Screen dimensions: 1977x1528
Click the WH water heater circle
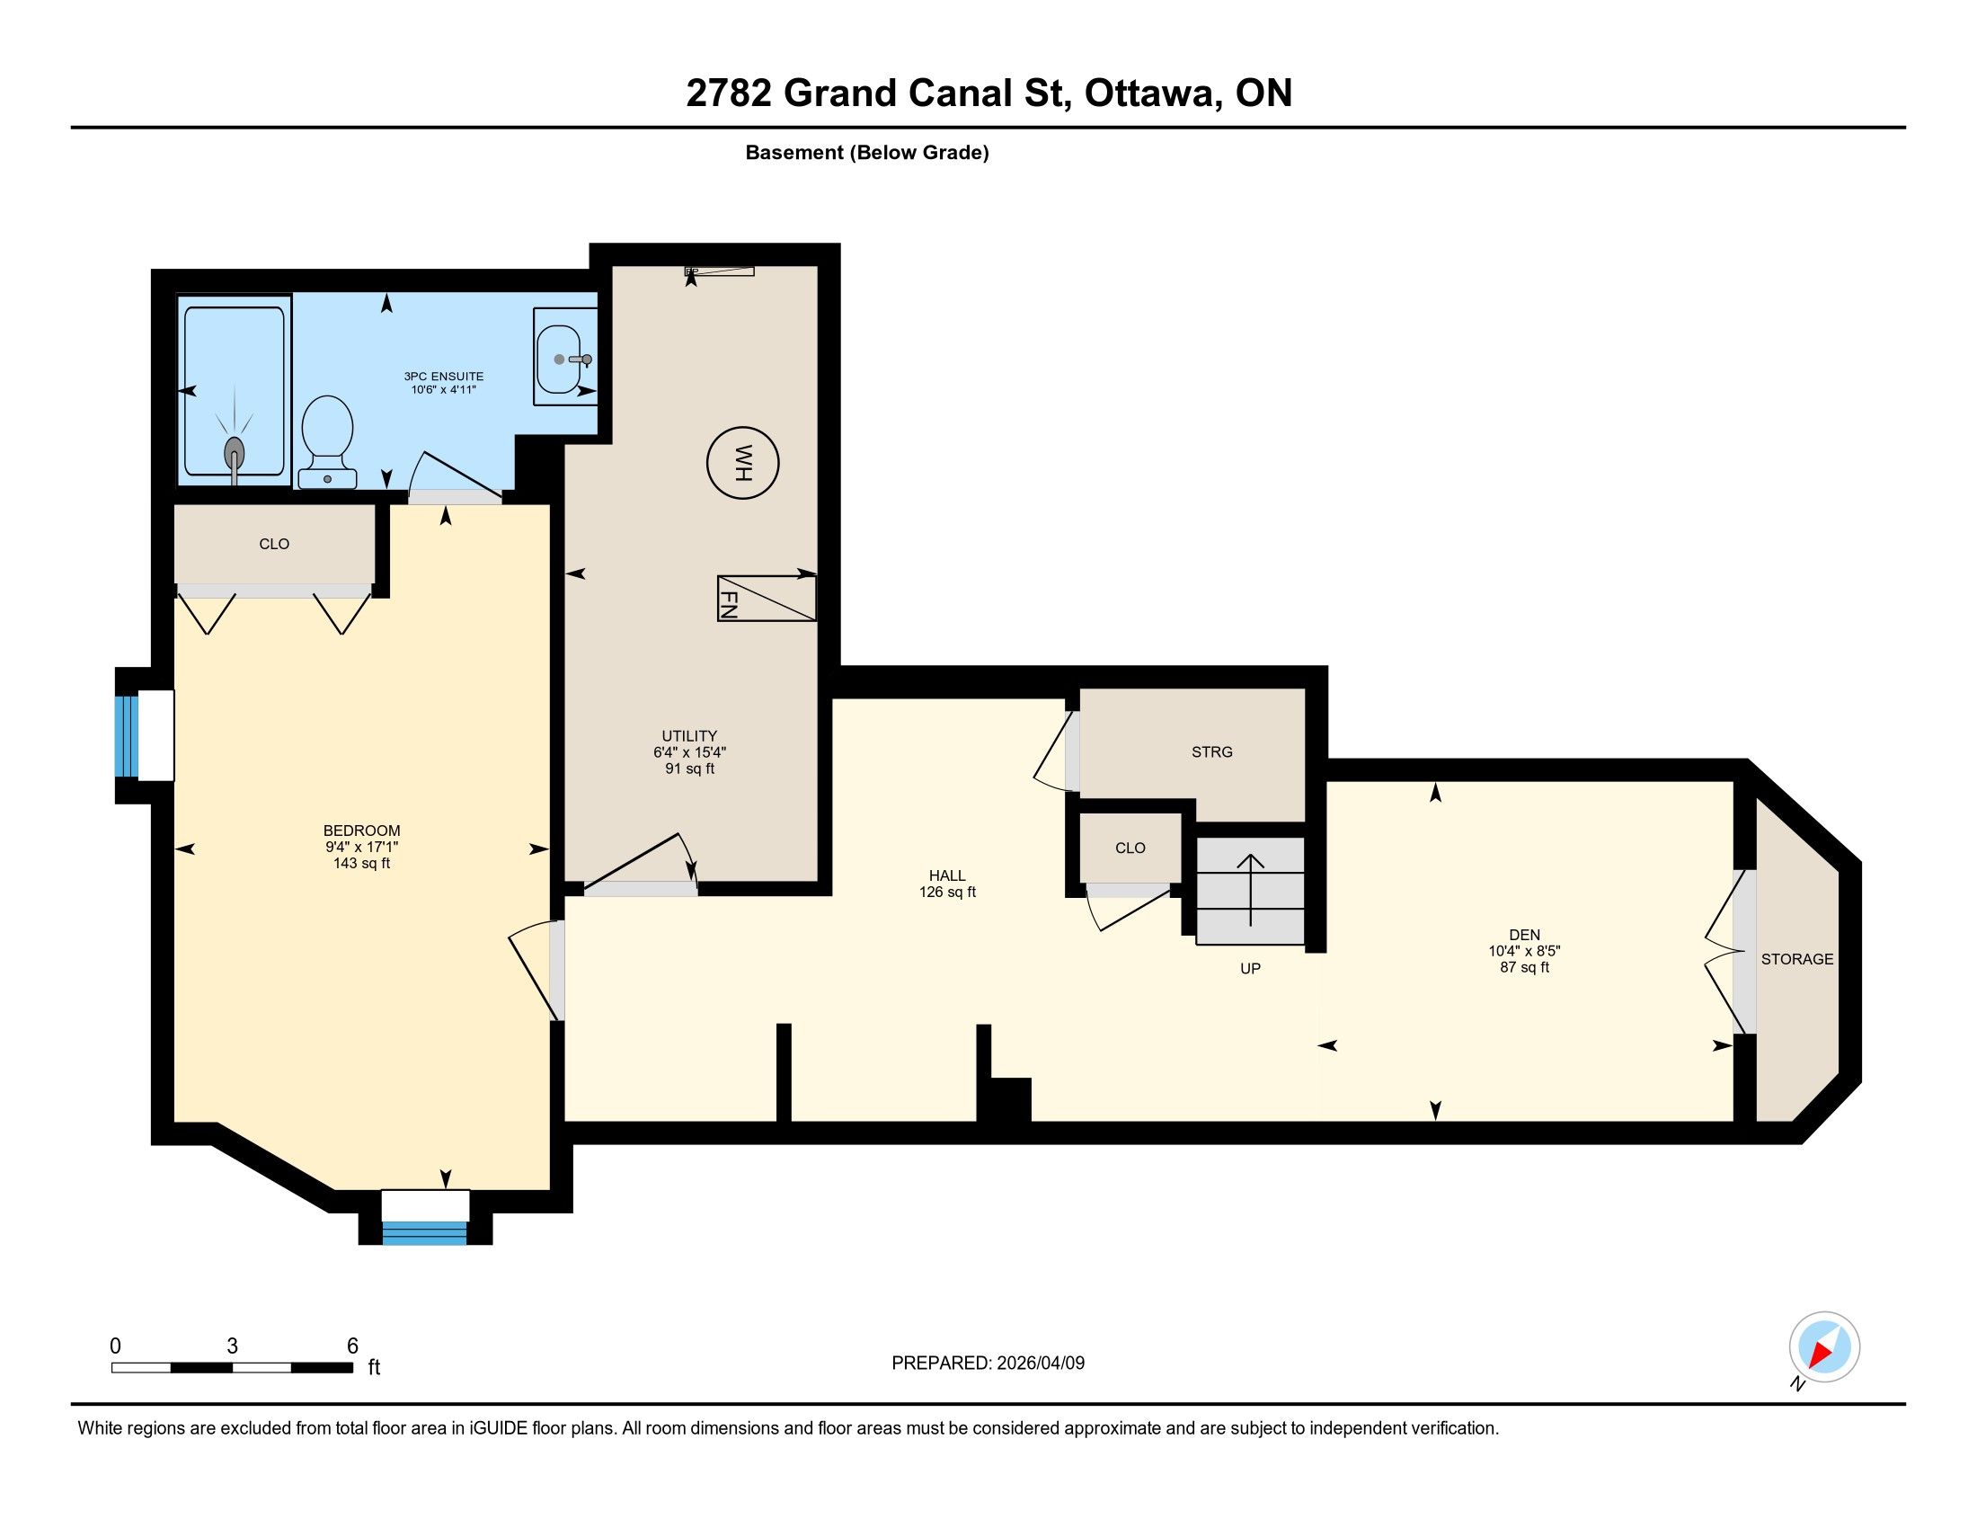pyautogui.click(x=742, y=464)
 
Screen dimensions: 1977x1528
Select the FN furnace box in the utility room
pyautogui.click(x=767, y=599)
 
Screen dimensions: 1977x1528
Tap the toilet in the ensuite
pyautogui.click(x=327, y=441)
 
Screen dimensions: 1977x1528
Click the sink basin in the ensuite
pyautogui.click(x=559, y=360)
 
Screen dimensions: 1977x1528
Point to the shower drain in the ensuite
pyautogui.click(x=235, y=451)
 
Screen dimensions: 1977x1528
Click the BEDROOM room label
pyautogui.click(x=361, y=831)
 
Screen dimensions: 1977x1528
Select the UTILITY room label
pyautogui.click(x=689, y=736)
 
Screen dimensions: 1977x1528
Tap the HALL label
pyautogui.click(x=947, y=875)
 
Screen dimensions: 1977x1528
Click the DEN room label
pyautogui.click(x=1524, y=935)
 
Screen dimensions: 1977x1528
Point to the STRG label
pyautogui.click(x=1212, y=752)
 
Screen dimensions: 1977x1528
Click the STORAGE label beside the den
pyautogui.click(x=1797, y=960)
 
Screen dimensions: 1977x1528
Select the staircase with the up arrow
pyautogui.click(x=1250, y=891)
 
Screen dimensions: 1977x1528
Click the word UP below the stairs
pyautogui.click(x=1250, y=969)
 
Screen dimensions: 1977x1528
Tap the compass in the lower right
pyautogui.click(x=1824, y=1346)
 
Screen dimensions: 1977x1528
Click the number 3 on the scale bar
pyautogui.click(x=233, y=1346)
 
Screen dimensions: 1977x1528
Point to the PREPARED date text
pyautogui.click(x=988, y=1364)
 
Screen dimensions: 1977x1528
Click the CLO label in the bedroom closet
pyautogui.click(x=274, y=544)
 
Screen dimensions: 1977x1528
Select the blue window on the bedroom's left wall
pyautogui.click(x=127, y=737)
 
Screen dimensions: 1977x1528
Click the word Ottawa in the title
pyautogui.click(x=1148, y=93)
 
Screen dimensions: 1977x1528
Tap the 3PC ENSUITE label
pyautogui.click(x=444, y=377)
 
